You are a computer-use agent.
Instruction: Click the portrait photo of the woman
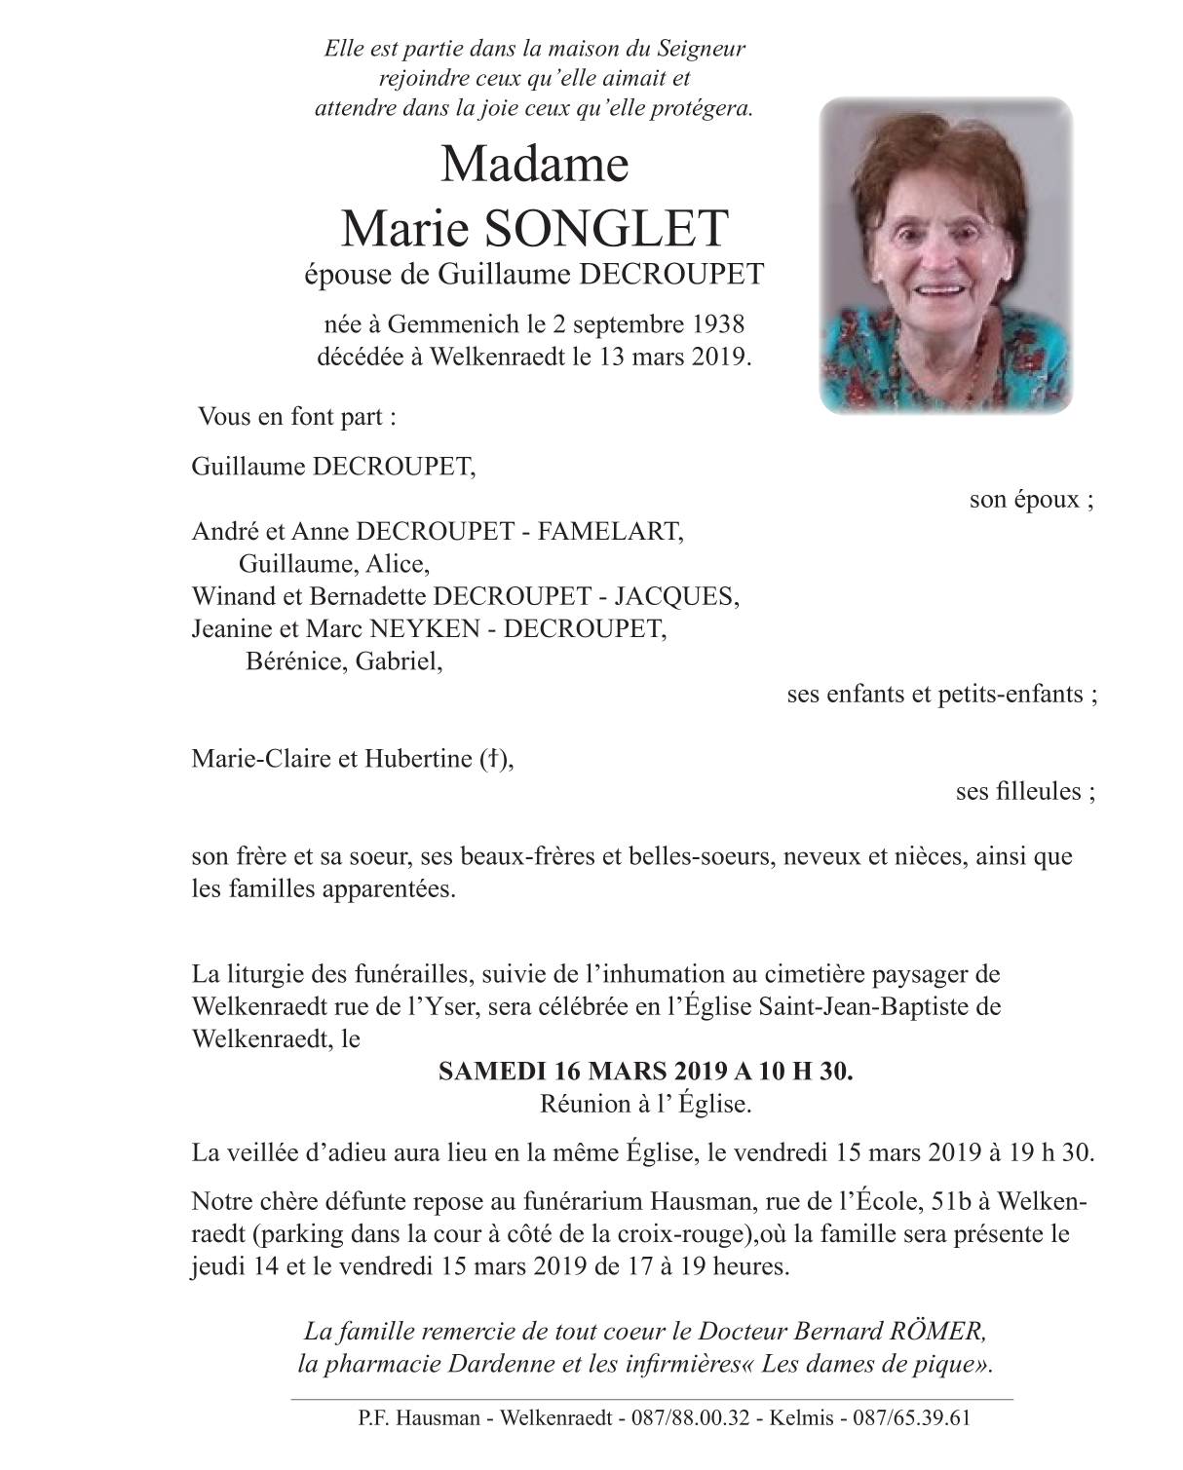tap(945, 255)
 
